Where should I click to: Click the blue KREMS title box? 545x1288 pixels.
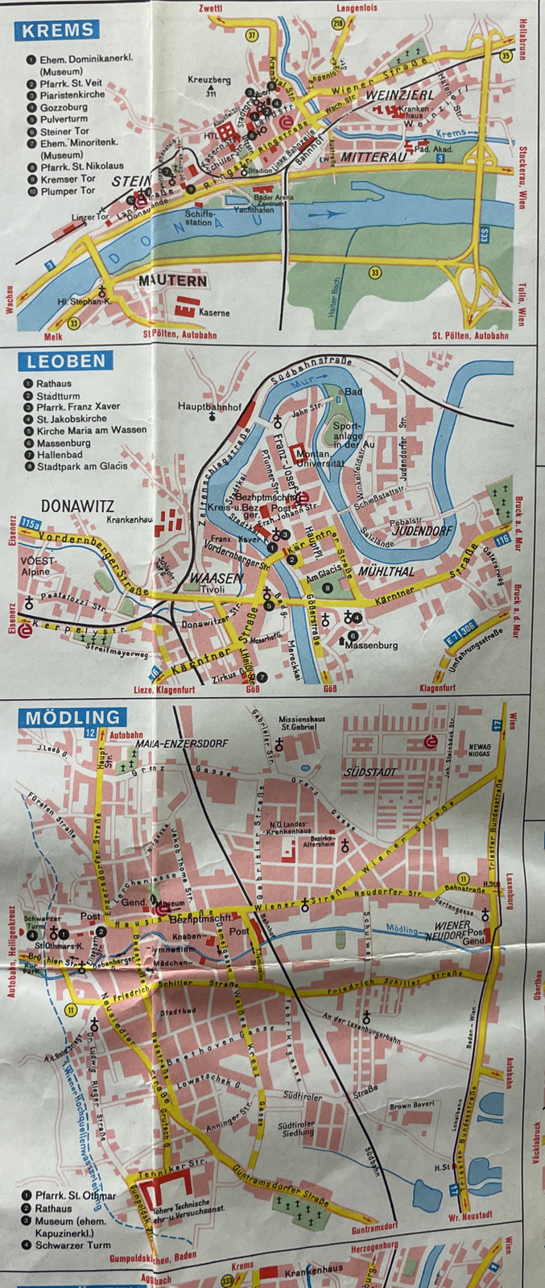[x=57, y=31]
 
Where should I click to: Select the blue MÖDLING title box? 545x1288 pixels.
[x=72, y=716]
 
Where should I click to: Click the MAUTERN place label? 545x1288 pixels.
[x=172, y=281]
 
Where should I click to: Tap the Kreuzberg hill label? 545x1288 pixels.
[x=209, y=80]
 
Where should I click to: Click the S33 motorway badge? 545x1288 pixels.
[x=485, y=236]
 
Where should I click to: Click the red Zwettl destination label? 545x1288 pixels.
[x=210, y=8]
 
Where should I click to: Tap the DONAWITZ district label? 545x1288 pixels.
[x=77, y=506]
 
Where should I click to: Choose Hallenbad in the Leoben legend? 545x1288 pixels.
[x=60, y=454]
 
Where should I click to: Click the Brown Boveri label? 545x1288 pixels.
[x=412, y=1105]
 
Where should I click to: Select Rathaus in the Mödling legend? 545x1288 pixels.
[x=53, y=1208]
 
